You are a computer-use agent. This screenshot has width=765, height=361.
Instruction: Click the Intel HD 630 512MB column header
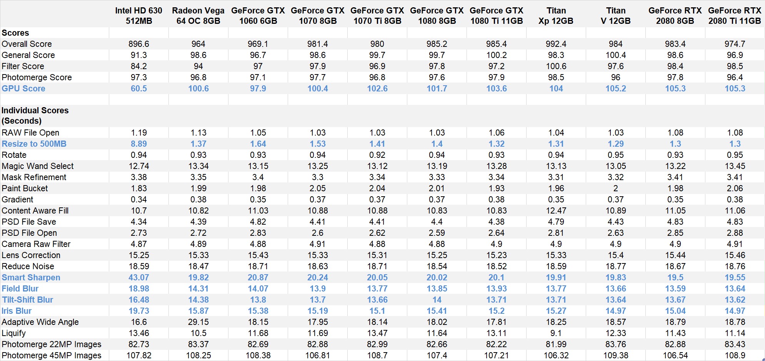139,16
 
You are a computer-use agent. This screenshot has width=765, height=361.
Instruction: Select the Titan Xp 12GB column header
556,16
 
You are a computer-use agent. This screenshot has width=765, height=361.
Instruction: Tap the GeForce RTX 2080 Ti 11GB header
735,16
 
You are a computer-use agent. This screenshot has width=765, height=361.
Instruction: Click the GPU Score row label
23,89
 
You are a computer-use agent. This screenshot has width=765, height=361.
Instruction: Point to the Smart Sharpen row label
31,278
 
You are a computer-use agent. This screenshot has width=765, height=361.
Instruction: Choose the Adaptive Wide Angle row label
40,322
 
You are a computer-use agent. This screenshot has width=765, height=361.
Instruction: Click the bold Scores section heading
15,33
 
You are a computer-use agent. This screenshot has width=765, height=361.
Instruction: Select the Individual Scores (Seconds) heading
35,116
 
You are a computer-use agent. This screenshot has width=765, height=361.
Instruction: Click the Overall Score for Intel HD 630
139,44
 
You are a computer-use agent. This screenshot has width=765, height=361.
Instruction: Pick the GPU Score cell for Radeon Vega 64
198,89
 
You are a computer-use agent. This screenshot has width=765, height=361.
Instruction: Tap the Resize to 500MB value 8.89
139,144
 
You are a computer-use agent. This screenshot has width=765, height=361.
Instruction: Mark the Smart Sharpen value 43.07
139,278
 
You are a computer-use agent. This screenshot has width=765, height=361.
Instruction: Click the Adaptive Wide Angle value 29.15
198,322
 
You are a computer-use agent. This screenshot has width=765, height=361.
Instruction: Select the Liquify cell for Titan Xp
556,333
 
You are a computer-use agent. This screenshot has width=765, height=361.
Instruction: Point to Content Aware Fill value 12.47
556,211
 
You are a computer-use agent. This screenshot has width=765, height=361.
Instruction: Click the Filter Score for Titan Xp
556,66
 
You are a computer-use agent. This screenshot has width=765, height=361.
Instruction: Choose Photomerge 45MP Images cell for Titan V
615,356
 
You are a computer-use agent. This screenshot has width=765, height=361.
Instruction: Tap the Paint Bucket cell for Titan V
615,189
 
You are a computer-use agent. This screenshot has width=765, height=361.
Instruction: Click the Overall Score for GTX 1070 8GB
318,44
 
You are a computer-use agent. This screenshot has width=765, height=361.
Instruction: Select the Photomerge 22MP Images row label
52,344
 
